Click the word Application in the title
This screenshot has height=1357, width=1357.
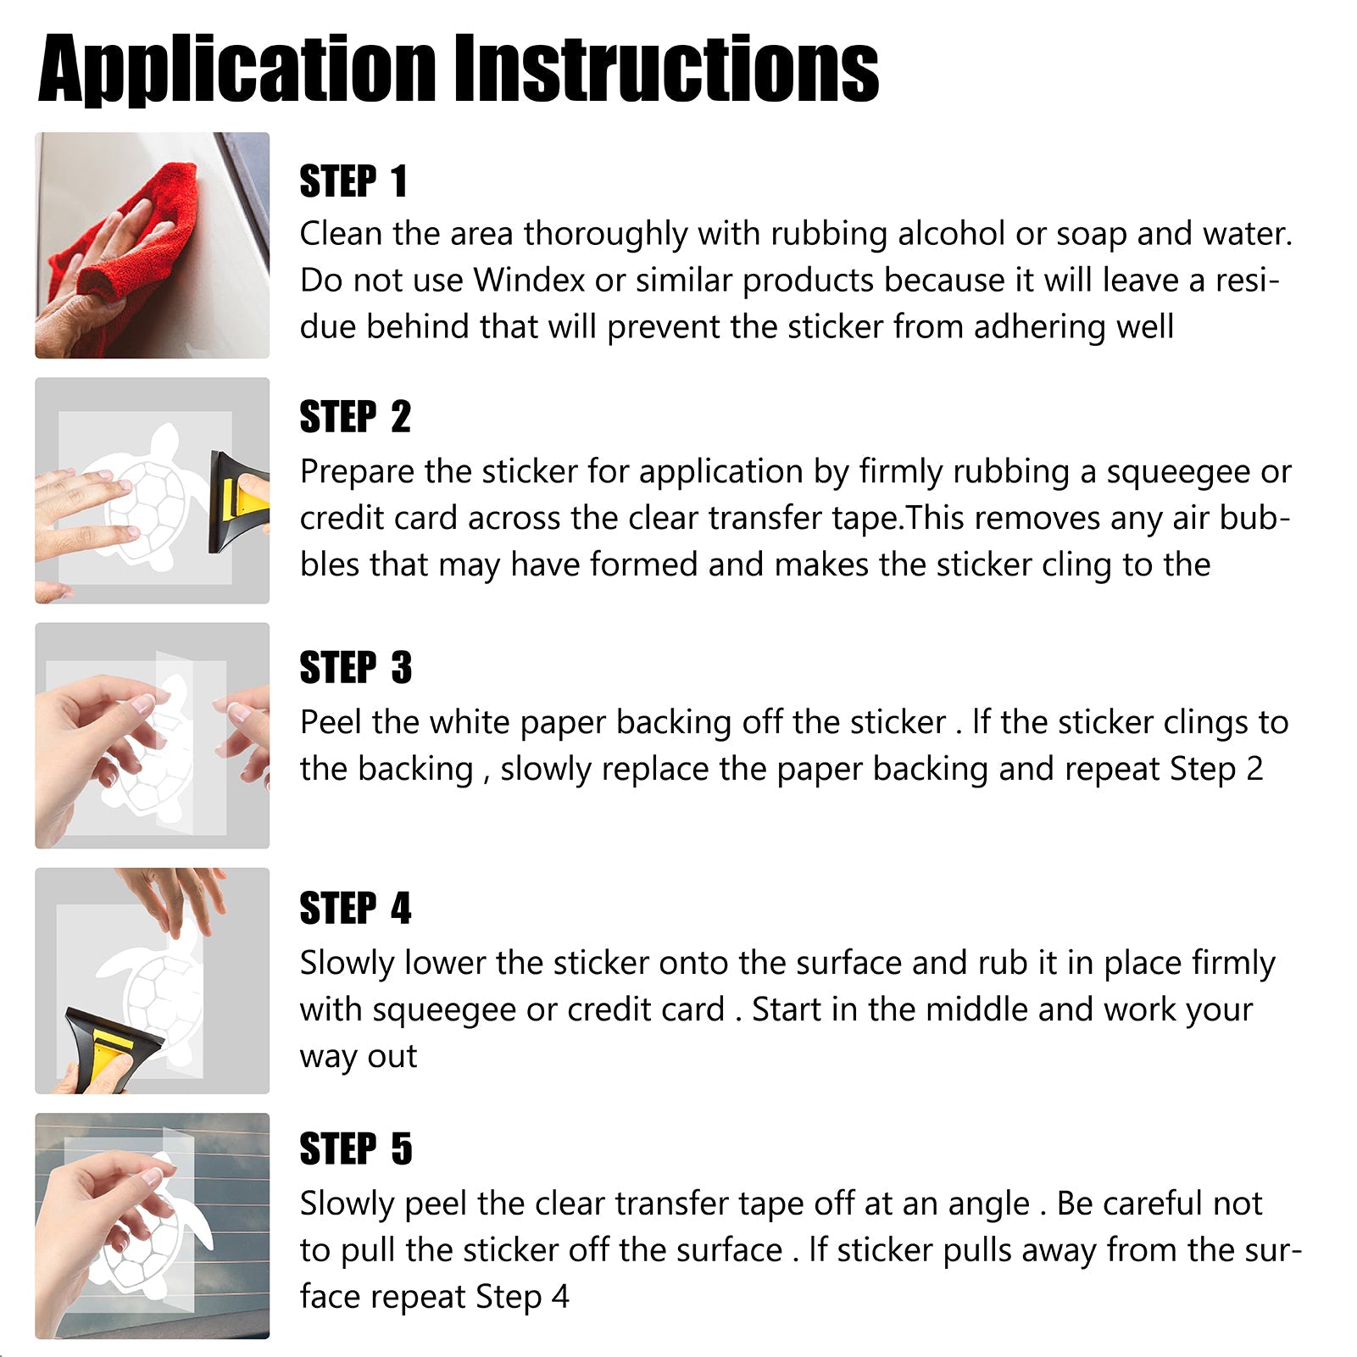point(237,70)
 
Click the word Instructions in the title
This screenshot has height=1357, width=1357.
point(667,68)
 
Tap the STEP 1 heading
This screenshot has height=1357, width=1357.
point(353,181)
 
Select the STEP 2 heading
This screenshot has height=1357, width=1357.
point(355,417)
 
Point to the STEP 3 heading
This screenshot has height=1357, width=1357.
point(356,667)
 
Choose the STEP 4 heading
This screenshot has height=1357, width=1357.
point(356,908)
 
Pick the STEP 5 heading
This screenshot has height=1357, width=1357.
point(356,1148)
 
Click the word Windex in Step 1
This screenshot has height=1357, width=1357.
point(529,280)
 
